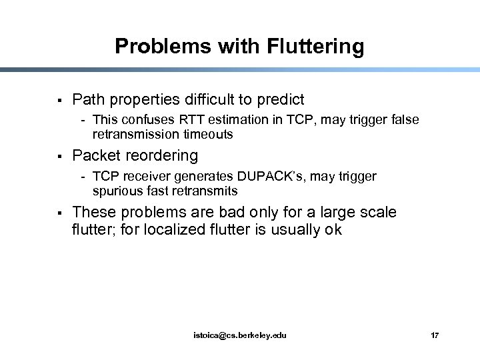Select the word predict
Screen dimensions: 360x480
click(x=279, y=100)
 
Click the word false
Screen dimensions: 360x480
click(x=403, y=120)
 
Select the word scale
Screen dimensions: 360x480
click(x=377, y=213)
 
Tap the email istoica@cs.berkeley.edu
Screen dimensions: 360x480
click(x=240, y=335)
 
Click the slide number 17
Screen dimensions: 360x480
click(x=435, y=335)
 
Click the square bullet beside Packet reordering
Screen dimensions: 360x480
click(x=60, y=157)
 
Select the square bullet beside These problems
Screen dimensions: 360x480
click(x=60, y=213)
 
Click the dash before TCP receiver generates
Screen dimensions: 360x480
click(x=83, y=177)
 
